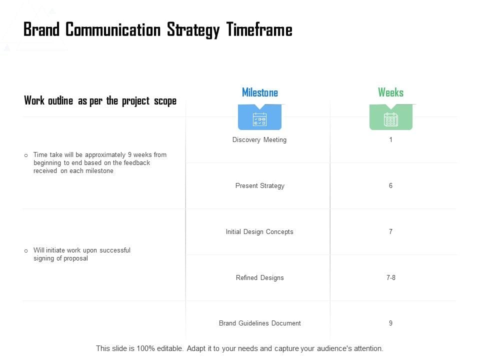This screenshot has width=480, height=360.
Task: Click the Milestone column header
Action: (x=259, y=92)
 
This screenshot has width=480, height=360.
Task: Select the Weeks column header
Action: (x=390, y=92)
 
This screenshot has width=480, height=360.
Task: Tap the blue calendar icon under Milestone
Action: (x=259, y=119)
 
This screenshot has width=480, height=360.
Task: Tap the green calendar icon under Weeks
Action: (x=390, y=119)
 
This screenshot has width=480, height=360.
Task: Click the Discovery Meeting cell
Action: (x=259, y=140)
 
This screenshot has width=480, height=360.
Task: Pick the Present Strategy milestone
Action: (x=259, y=186)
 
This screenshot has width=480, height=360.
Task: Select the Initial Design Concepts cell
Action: (x=259, y=232)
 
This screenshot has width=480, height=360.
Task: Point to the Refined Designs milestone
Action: (x=259, y=278)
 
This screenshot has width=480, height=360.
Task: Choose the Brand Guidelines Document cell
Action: (x=259, y=323)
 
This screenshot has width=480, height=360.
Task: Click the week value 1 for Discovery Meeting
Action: (x=390, y=140)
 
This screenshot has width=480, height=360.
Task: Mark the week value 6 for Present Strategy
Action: (x=390, y=186)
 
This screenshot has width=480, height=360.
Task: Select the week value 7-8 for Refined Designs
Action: (x=390, y=278)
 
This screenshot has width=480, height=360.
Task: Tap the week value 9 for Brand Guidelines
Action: (x=390, y=323)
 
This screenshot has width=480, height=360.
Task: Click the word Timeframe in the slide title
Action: (x=259, y=30)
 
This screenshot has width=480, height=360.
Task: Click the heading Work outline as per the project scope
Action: (x=100, y=101)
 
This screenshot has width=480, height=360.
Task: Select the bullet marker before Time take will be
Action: (x=26, y=155)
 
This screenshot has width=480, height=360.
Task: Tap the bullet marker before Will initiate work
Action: (x=26, y=250)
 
